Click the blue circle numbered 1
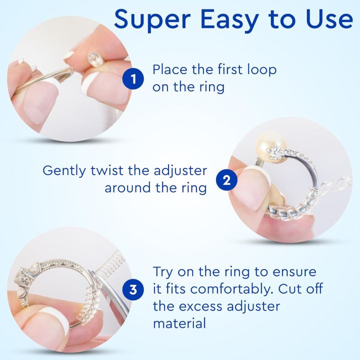click(132, 78)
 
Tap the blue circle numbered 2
click(226, 179)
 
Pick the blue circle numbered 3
click(132, 289)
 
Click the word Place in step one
click(170, 69)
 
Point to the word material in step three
click(179, 323)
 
